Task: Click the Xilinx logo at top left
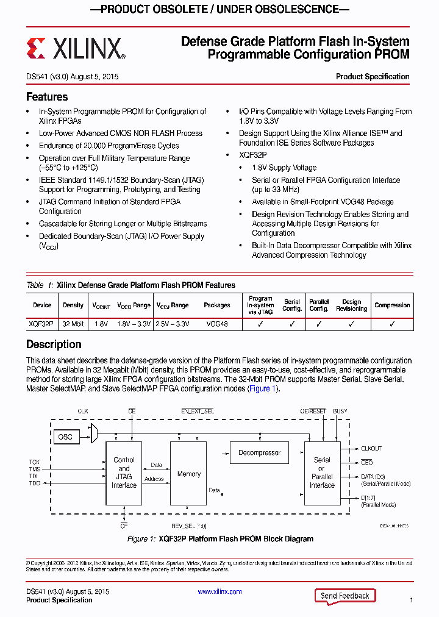tap(76, 48)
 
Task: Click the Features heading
tap(47, 97)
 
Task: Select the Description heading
tap(54, 344)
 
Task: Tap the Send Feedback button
tap(344, 596)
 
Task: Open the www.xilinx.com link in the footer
tap(220, 591)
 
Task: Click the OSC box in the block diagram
tap(65, 437)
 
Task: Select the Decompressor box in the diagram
tap(259, 453)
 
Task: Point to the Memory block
tap(188, 474)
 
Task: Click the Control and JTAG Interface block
tap(124, 473)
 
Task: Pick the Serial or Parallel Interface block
tap(322, 473)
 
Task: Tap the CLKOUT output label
tap(372, 449)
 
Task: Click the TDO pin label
tap(35, 483)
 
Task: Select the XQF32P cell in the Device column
tap(41, 324)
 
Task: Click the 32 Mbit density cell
tap(73, 324)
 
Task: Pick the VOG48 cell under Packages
tap(216, 324)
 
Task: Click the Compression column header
tap(392, 305)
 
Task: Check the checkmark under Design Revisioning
tap(351, 324)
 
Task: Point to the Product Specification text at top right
tap(373, 77)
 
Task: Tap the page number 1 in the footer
tap(412, 601)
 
